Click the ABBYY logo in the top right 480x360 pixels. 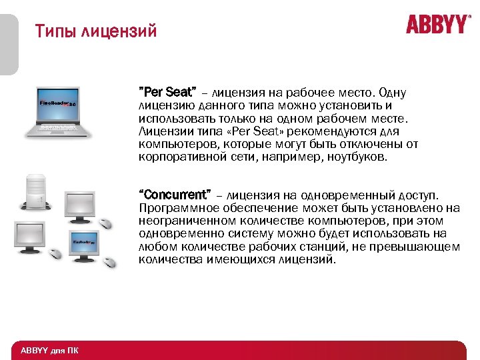pos(437,25)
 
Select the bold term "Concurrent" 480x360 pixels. pos(174,195)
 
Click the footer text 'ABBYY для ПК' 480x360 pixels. pos(49,351)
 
